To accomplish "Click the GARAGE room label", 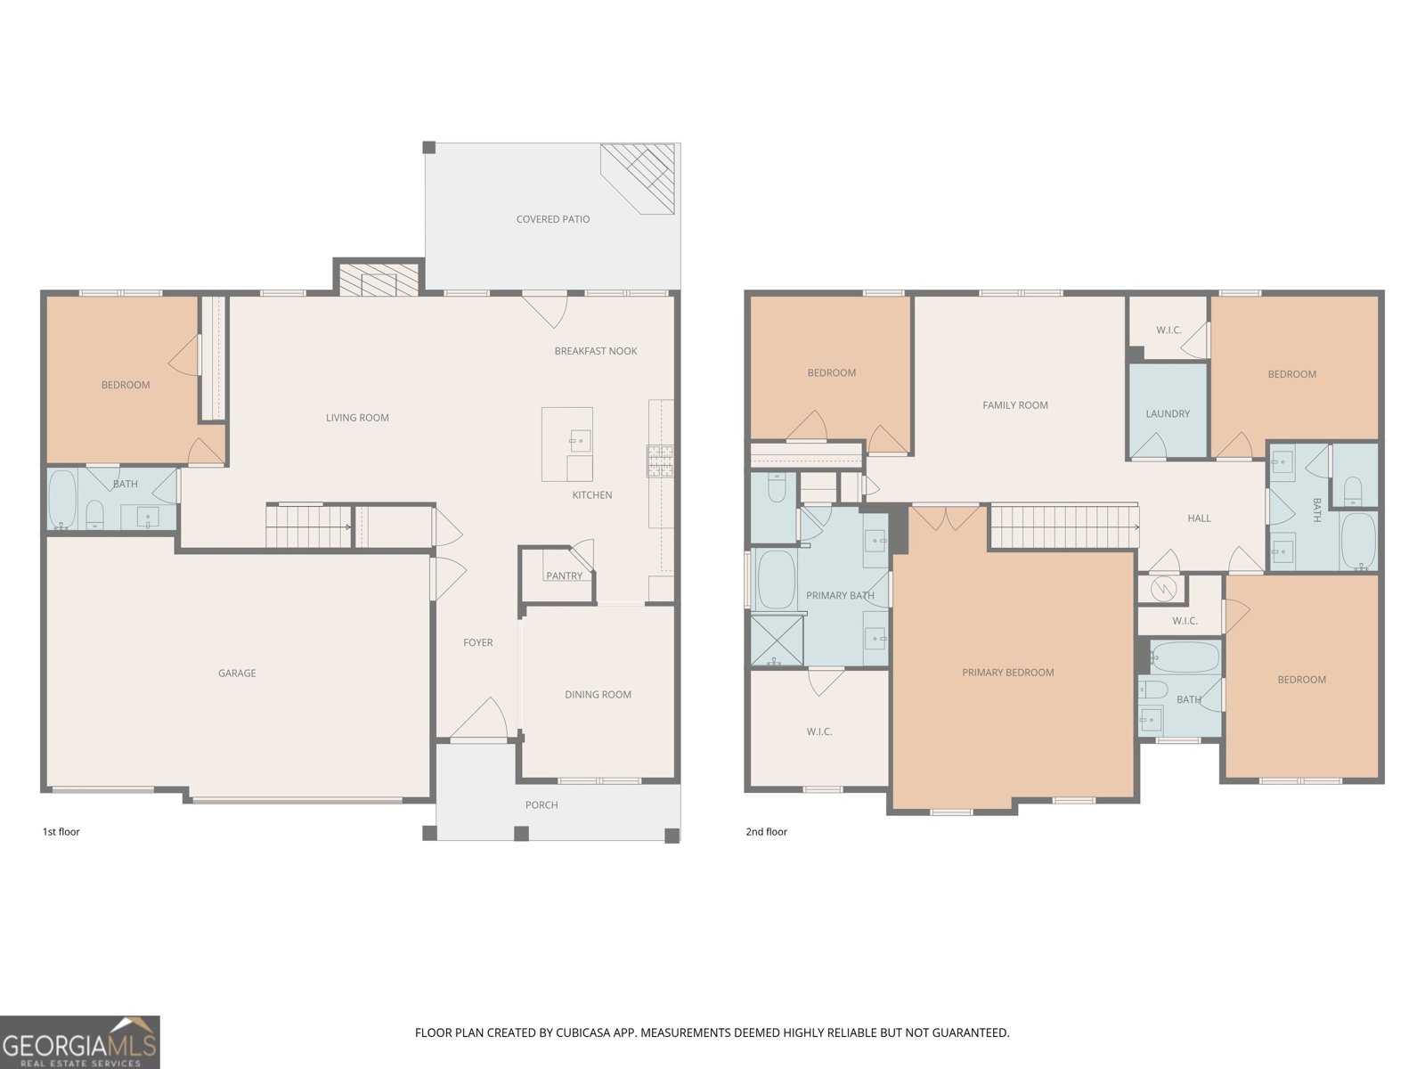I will tap(237, 673).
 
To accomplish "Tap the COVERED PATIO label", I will tap(553, 219).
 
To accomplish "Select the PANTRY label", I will tap(564, 576).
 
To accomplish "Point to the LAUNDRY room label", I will tap(1167, 414).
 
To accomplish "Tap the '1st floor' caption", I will tap(61, 832).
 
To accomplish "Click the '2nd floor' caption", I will tap(766, 832).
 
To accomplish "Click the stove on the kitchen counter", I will tap(660, 461).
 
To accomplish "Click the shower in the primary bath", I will tap(777, 640).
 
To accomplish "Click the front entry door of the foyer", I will tap(480, 720).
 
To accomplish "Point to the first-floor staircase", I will tap(309, 526).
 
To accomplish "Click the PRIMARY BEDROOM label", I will tap(1007, 673).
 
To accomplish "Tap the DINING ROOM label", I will tap(598, 695).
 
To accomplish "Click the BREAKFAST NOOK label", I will tap(596, 351).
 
